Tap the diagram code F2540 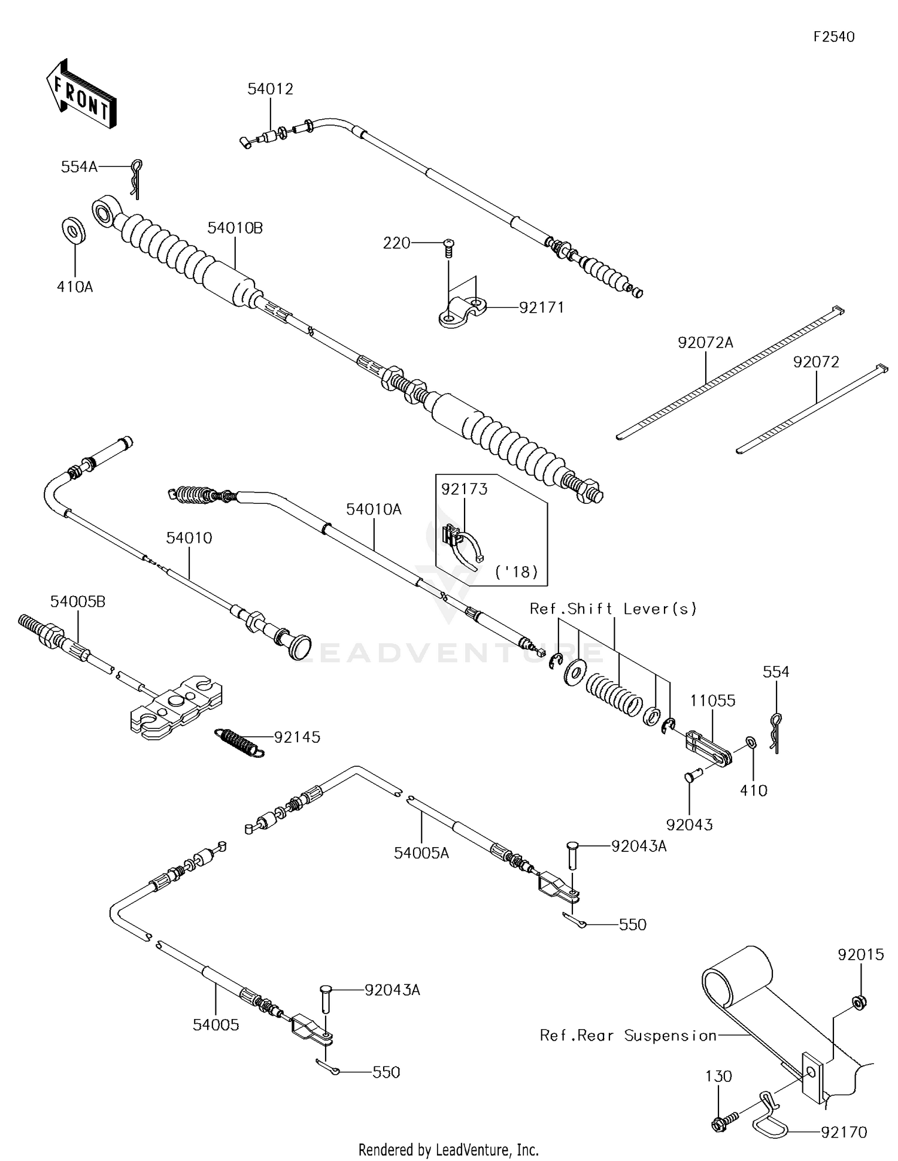point(833,37)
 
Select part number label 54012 point(270,89)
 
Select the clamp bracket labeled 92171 point(462,312)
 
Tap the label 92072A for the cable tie point(705,343)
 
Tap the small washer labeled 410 point(751,743)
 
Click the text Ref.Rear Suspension point(628,1035)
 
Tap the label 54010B point(235,228)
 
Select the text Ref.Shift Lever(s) point(613,609)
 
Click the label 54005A point(421,852)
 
